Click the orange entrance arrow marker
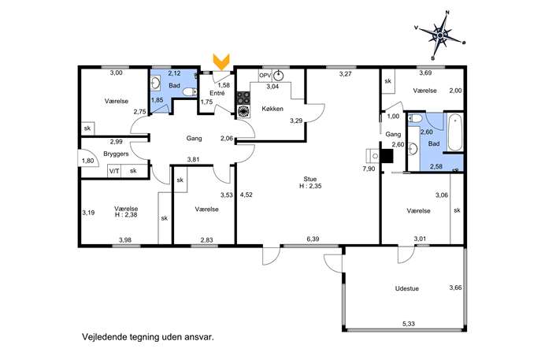pos(221,61)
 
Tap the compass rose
pos(441,35)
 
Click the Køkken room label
pos(272,109)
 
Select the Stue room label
pos(309,179)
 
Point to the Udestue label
pos(407,288)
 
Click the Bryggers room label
pos(116,154)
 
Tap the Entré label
pos(217,93)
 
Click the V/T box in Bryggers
pos(114,170)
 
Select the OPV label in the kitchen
pos(265,76)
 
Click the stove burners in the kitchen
pos(243,98)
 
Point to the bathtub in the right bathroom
pos(455,132)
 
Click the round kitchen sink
pos(279,76)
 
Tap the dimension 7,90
pos(369,169)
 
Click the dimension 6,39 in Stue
pos(313,239)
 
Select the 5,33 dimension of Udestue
pos(409,324)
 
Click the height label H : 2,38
pos(126,215)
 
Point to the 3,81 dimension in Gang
pos(193,159)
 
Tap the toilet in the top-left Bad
pos(190,92)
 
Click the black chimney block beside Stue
pos(387,155)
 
